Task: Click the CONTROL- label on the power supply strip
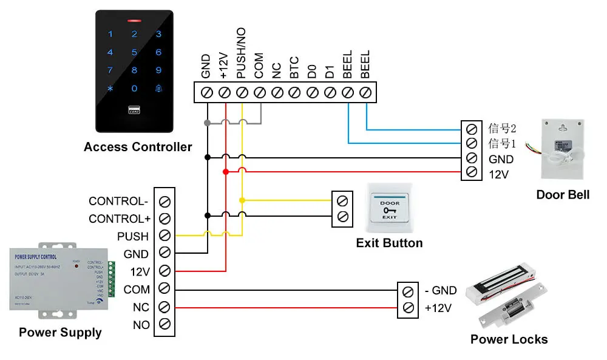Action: pyautogui.click(x=118, y=201)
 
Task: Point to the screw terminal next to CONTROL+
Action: pyautogui.click(x=164, y=219)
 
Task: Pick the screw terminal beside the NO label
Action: pyautogui.click(x=164, y=325)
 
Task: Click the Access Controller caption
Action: pyautogui.click(x=138, y=147)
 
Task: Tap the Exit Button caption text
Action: pyautogui.click(x=389, y=243)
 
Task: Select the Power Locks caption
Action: pyautogui.click(x=509, y=339)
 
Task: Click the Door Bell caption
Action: pyautogui.click(x=563, y=195)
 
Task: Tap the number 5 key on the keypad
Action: pyautogui.click(x=134, y=53)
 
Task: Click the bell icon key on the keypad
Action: pyautogui.click(x=158, y=89)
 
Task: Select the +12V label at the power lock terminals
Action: pyautogui.click(x=438, y=308)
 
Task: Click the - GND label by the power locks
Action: pyautogui.click(x=441, y=291)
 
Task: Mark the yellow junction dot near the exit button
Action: pyautogui.click(x=242, y=200)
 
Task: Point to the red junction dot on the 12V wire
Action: pyautogui.click(x=225, y=172)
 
